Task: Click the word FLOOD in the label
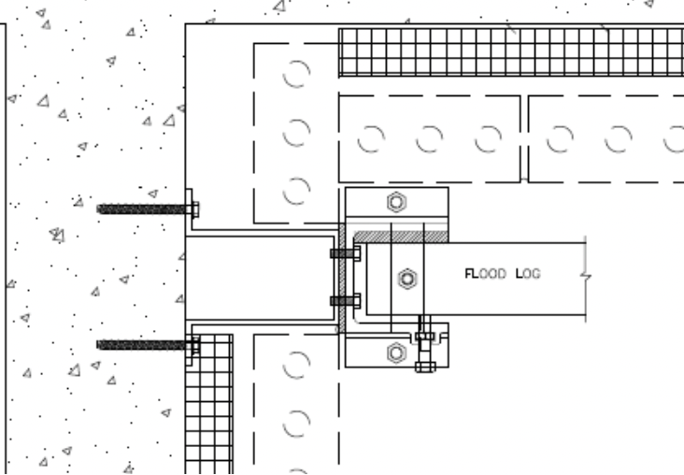click(x=485, y=274)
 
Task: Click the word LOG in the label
click(x=528, y=274)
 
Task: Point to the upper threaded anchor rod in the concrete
click(x=142, y=209)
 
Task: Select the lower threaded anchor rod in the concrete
click(x=142, y=345)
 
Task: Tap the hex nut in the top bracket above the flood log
click(x=396, y=202)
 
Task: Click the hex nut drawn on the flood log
click(x=407, y=279)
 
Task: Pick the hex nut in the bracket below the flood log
click(x=396, y=353)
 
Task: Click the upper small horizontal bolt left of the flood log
click(x=346, y=253)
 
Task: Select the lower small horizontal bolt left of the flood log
click(x=346, y=301)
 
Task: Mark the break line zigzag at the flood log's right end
click(x=585, y=276)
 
